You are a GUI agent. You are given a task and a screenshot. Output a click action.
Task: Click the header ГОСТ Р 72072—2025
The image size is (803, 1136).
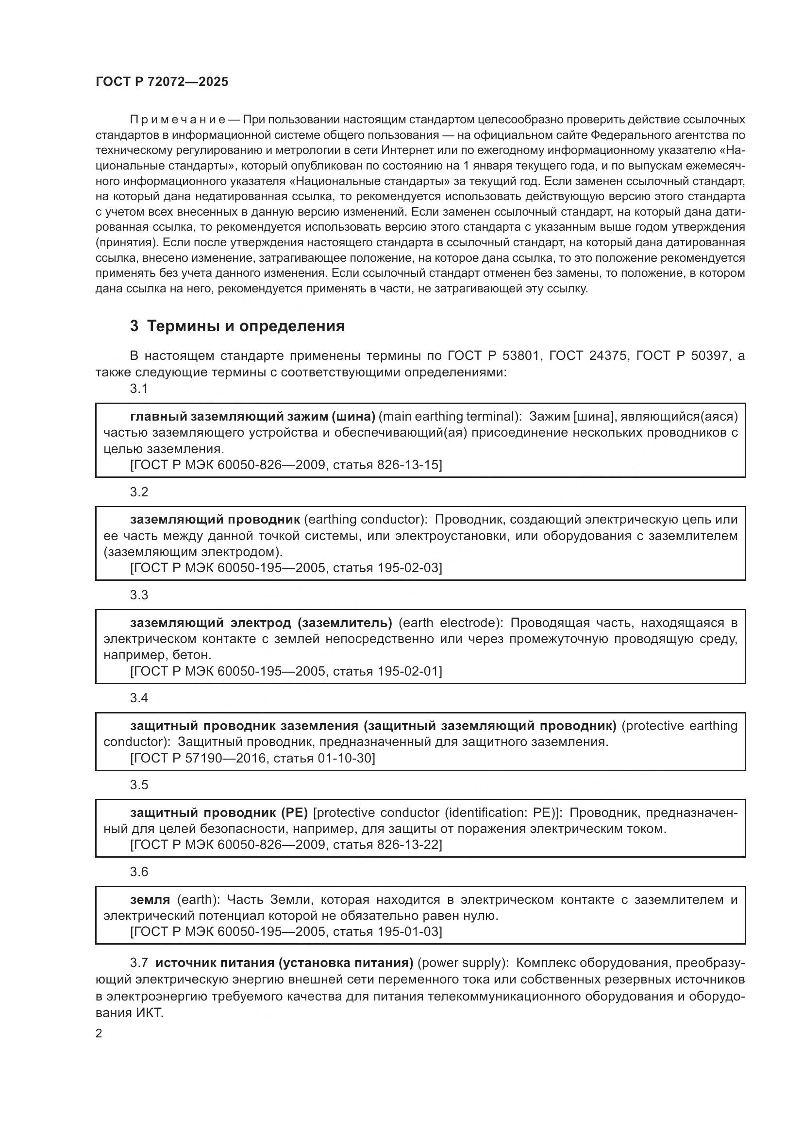(x=162, y=82)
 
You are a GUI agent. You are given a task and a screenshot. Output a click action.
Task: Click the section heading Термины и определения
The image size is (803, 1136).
(x=237, y=326)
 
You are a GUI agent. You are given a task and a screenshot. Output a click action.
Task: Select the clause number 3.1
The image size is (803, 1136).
(x=139, y=389)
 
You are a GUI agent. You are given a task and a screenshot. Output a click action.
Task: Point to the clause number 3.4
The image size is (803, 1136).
(x=139, y=698)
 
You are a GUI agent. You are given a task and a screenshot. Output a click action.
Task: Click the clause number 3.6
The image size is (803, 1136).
(x=139, y=872)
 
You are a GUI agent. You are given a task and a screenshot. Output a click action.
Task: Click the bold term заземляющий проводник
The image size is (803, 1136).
(x=215, y=520)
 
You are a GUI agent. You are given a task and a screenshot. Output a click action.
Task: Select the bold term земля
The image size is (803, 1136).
(x=150, y=899)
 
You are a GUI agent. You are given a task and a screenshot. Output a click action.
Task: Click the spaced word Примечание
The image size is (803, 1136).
(x=178, y=120)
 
